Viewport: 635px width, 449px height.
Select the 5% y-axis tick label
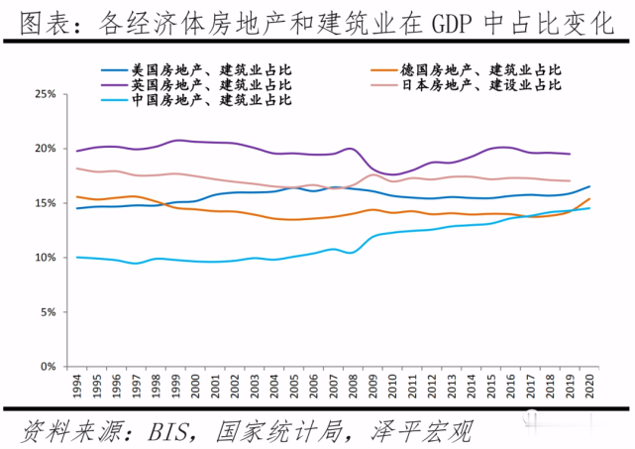pyautogui.click(x=46, y=312)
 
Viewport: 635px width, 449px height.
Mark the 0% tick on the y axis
pyautogui.click(x=46, y=367)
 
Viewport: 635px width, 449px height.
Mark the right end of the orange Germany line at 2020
pyautogui.click(x=590, y=199)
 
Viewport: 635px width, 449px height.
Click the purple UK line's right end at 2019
pyautogui.click(x=571, y=154)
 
